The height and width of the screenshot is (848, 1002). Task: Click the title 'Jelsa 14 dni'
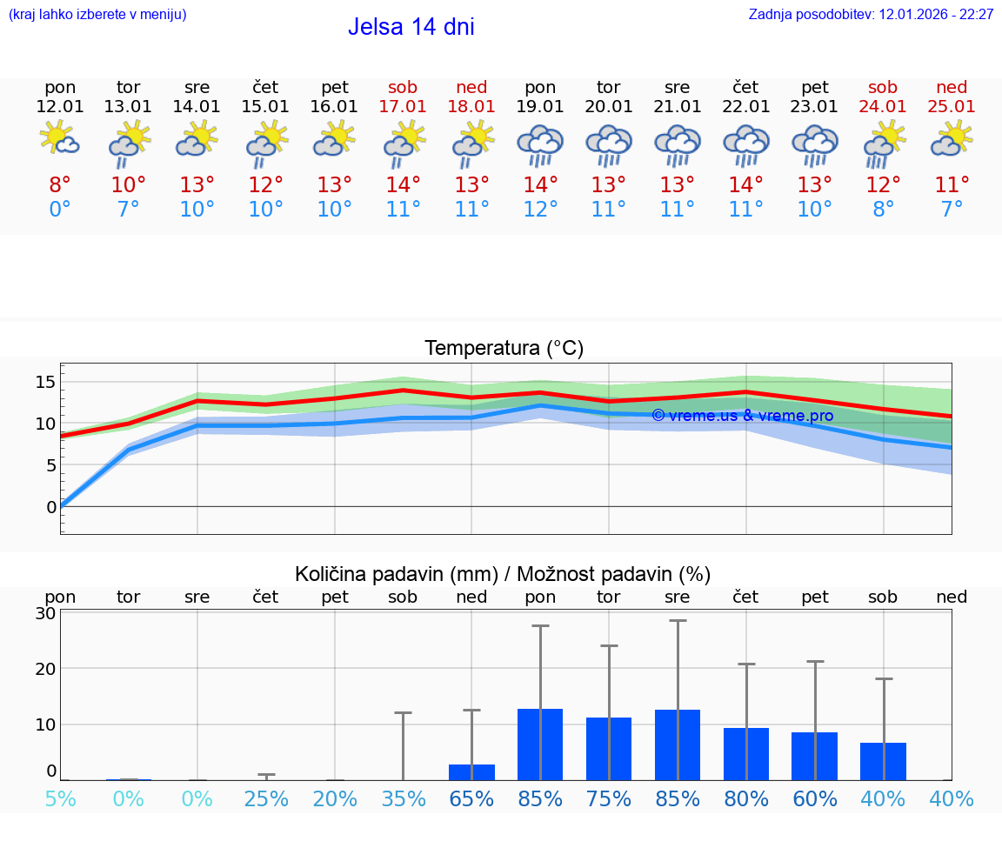411,27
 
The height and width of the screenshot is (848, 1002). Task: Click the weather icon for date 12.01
60,139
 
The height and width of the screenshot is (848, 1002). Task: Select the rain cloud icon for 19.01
540,144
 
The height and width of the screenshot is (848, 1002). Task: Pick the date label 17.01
403,107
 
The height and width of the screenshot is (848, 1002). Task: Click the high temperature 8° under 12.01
60,185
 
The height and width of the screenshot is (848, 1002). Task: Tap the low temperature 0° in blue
60,210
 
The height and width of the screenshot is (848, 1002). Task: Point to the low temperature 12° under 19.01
540,210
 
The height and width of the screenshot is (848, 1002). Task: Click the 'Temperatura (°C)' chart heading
504,349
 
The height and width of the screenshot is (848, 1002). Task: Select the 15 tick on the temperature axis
45,382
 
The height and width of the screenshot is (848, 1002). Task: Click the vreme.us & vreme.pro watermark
742,416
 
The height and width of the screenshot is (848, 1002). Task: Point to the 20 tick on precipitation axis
45,669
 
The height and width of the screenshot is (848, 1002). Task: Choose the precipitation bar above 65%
471,772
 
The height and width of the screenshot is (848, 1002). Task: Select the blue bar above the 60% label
814,756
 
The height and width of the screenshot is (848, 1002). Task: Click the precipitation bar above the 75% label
609,749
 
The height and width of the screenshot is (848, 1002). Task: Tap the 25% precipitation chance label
266,799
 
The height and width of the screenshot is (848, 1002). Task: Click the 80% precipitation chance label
745,799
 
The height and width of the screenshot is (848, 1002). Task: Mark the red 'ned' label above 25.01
952,87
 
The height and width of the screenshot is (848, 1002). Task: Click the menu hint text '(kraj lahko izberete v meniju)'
97,15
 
